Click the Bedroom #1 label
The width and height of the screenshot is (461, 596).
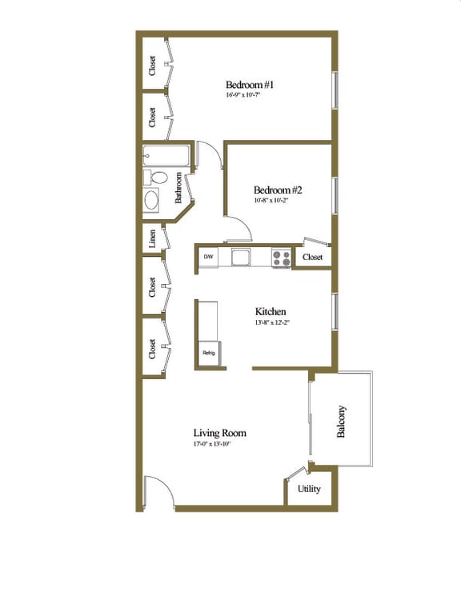(250, 85)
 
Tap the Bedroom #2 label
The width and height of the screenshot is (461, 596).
(277, 190)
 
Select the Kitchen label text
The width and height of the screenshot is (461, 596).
(271, 311)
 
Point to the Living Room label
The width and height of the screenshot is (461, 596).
(219, 433)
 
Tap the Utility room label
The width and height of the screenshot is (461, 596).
(309, 489)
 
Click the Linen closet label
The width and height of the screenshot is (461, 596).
(151, 238)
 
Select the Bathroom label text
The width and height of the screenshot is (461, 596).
(180, 189)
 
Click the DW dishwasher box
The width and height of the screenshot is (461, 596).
(208, 257)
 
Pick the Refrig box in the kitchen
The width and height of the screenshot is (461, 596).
(208, 353)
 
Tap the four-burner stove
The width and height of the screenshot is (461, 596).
(281, 258)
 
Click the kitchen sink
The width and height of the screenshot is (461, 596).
(240, 257)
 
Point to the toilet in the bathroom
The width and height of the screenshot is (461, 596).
(156, 177)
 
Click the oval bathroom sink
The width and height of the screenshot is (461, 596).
(152, 199)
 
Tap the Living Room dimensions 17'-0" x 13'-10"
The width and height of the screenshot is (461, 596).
(211, 444)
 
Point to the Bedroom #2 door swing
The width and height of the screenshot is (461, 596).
(239, 229)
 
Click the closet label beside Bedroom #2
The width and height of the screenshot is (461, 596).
(311, 258)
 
